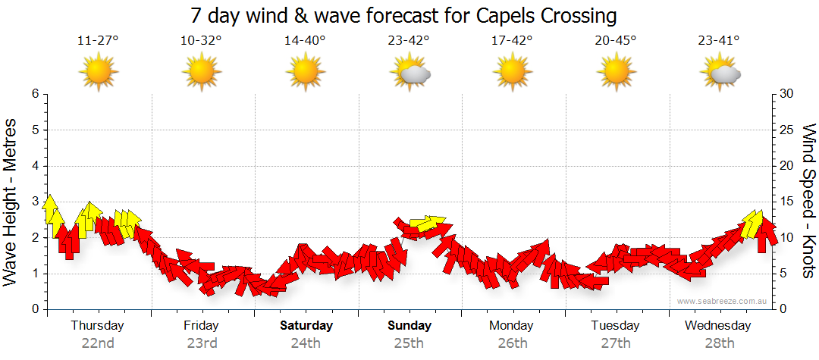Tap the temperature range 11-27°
(98, 41)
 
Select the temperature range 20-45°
(616, 41)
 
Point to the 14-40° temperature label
(305, 41)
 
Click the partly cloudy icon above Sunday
(409, 73)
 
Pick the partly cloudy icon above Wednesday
(720, 73)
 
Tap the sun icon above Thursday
(98, 73)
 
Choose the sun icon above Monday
(513, 73)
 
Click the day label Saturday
(306, 326)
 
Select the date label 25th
(409, 343)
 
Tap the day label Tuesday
(616, 326)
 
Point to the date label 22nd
(98, 343)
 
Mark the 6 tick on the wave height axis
(34, 94)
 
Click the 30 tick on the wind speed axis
(787, 94)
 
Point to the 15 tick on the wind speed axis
(786, 202)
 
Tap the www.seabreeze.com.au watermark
(723, 302)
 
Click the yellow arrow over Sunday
(428, 224)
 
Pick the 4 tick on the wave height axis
(34, 166)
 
